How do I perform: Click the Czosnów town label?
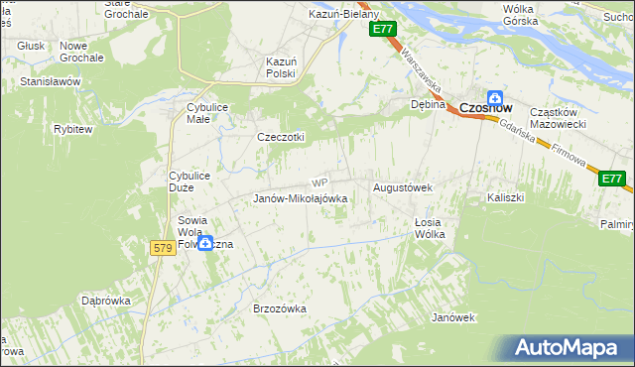pyautogui.click(x=486, y=108)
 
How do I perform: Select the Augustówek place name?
pyautogui.click(x=402, y=187)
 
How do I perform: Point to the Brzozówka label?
pyautogui.click(x=280, y=308)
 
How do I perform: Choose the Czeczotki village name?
pyautogui.click(x=282, y=137)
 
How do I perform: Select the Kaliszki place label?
pyautogui.click(x=505, y=197)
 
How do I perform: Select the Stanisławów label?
pyautogui.click(x=50, y=81)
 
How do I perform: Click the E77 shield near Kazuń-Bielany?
pyautogui.click(x=385, y=31)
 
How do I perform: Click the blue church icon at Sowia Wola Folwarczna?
pyautogui.click(x=205, y=243)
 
